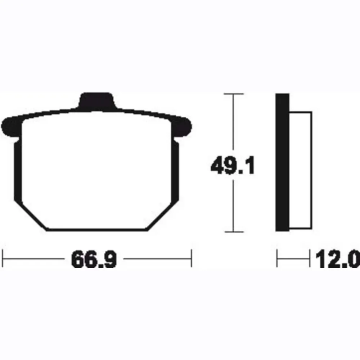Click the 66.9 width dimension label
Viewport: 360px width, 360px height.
pos(94,259)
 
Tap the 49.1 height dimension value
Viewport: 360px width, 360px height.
pos(233,165)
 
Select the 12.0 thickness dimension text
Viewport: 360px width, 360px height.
pos(338,259)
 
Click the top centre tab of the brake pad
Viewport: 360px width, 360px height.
pos(96,100)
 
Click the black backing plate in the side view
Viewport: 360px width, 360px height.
pos(282,162)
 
